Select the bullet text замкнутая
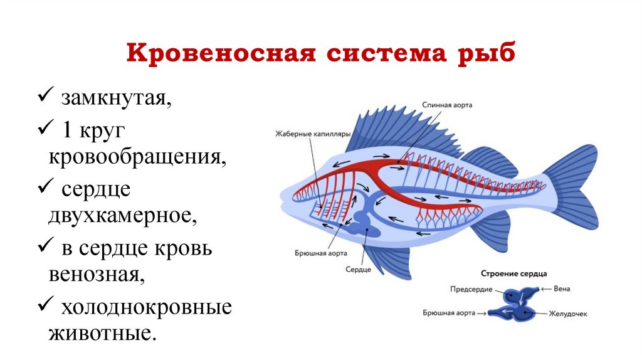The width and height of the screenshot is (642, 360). [115, 98]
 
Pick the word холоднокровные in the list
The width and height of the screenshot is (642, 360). [146, 308]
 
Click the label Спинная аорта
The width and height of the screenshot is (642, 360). [447, 106]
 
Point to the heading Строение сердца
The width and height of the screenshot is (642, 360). [513, 273]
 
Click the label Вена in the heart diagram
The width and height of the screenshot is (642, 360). [562, 289]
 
